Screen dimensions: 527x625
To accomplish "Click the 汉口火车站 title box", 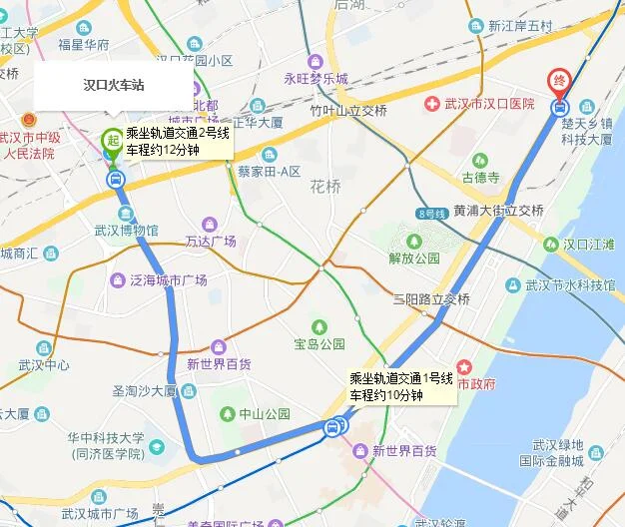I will coord(113,87).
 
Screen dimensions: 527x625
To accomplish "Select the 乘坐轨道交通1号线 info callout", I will coord(401,386).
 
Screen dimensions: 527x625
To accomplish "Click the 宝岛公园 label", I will coord(319,343).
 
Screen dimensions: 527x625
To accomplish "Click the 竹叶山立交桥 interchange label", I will coord(347,111).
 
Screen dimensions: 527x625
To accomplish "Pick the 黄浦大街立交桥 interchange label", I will coord(498,211).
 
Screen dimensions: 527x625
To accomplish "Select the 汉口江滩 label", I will coord(590,243).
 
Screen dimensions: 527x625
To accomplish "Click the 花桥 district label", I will coord(324,186).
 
